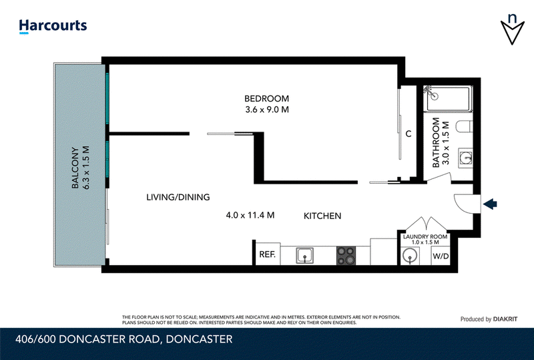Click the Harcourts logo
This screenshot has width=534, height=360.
[x=53, y=26]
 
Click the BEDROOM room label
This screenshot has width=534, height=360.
[x=266, y=99]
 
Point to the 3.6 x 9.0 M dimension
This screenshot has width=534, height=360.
[x=267, y=110]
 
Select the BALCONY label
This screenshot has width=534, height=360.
[x=75, y=168]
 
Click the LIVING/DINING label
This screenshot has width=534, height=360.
[x=178, y=197]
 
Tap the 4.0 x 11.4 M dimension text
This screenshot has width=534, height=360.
[x=250, y=215]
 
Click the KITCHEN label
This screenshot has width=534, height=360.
[x=322, y=216]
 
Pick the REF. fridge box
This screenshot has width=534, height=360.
[x=268, y=254]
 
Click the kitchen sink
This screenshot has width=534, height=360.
[x=305, y=255]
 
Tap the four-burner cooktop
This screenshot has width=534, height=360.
[x=346, y=256]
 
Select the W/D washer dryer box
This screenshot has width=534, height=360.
[x=441, y=256]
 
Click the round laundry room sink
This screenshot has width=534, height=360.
[x=409, y=256]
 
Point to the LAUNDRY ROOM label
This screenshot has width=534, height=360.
[x=425, y=236]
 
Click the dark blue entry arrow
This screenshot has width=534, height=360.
[x=490, y=204]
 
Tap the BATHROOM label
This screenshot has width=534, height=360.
[x=436, y=142]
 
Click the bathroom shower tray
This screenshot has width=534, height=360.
[x=448, y=99]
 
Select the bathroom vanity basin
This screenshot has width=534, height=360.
[x=465, y=158]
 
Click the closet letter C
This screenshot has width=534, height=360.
[x=409, y=134]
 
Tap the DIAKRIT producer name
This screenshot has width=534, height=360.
[x=505, y=319]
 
